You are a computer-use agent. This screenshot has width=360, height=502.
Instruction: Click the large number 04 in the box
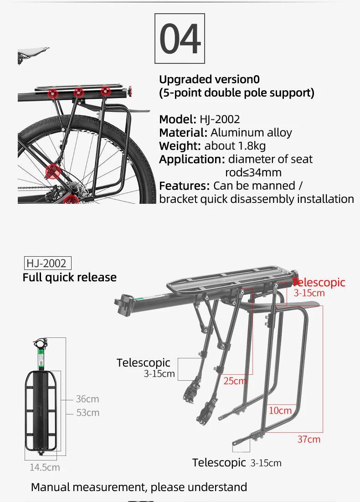pyautogui.click(x=180, y=39)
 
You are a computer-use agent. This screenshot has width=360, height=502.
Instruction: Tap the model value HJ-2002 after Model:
pyautogui.click(x=220, y=119)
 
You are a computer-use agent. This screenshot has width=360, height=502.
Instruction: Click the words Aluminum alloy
pyautogui.click(x=251, y=133)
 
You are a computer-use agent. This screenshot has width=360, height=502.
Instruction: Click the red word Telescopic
pyautogui.click(x=319, y=282)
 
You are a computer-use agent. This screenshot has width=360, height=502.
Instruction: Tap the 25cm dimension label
pyautogui.click(x=235, y=381)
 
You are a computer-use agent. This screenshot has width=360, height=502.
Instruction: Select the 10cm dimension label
pyautogui.click(x=280, y=410)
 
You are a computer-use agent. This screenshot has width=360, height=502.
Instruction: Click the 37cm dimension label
pyautogui.click(x=309, y=439)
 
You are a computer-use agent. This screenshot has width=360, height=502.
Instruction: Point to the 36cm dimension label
pyautogui.click(x=87, y=399)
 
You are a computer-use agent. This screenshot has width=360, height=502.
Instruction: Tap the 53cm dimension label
pyautogui.click(x=87, y=413)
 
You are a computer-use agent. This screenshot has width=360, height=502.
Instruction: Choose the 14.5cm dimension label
pyautogui.click(x=45, y=467)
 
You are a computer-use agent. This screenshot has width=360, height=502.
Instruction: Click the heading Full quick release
pyautogui.click(x=69, y=277)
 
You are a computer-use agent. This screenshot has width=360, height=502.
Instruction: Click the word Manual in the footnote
pyautogui.click(x=50, y=487)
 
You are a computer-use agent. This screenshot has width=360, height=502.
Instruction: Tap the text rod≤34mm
pyautogui.click(x=253, y=172)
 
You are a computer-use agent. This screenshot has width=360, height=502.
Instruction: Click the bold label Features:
pyautogui.click(x=184, y=186)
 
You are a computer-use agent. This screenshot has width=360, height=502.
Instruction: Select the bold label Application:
pyautogui.click(x=192, y=159)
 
